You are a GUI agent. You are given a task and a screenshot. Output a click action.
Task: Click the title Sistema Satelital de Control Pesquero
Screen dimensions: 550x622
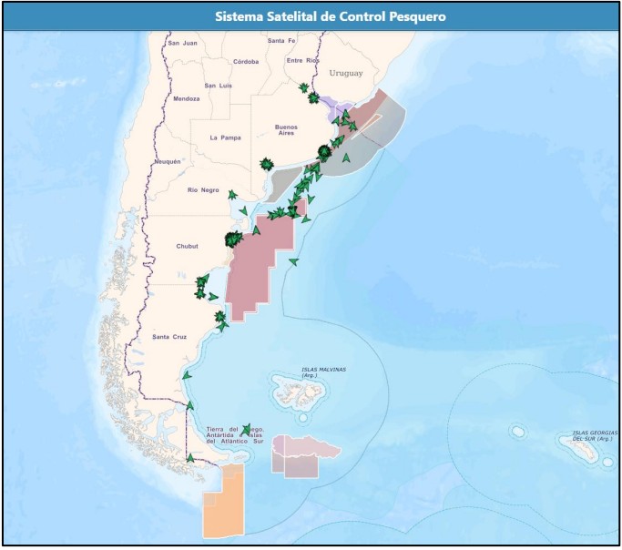(311, 17)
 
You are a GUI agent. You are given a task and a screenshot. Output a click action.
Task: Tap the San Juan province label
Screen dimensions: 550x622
(182, 43)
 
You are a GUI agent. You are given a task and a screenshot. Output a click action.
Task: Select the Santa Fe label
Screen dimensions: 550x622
(281, 41)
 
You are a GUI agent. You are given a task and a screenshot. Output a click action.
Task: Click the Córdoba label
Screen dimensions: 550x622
(246, 61)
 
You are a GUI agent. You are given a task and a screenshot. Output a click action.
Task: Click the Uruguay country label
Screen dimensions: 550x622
(346, 73)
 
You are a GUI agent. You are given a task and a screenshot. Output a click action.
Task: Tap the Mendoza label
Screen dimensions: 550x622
(186, 98)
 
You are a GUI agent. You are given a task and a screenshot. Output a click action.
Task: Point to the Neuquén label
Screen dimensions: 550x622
(168, 161)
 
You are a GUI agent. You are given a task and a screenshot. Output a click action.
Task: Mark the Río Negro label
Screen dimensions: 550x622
(203, 189)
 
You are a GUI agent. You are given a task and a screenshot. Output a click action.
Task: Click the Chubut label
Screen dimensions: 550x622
(187, 246)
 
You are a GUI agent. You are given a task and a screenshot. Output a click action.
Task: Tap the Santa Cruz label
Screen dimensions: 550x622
(169, 337)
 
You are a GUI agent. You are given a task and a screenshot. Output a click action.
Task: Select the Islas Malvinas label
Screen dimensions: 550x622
(323, 371)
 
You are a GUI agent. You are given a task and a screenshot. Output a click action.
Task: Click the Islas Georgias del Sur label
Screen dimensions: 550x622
(596, 436)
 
